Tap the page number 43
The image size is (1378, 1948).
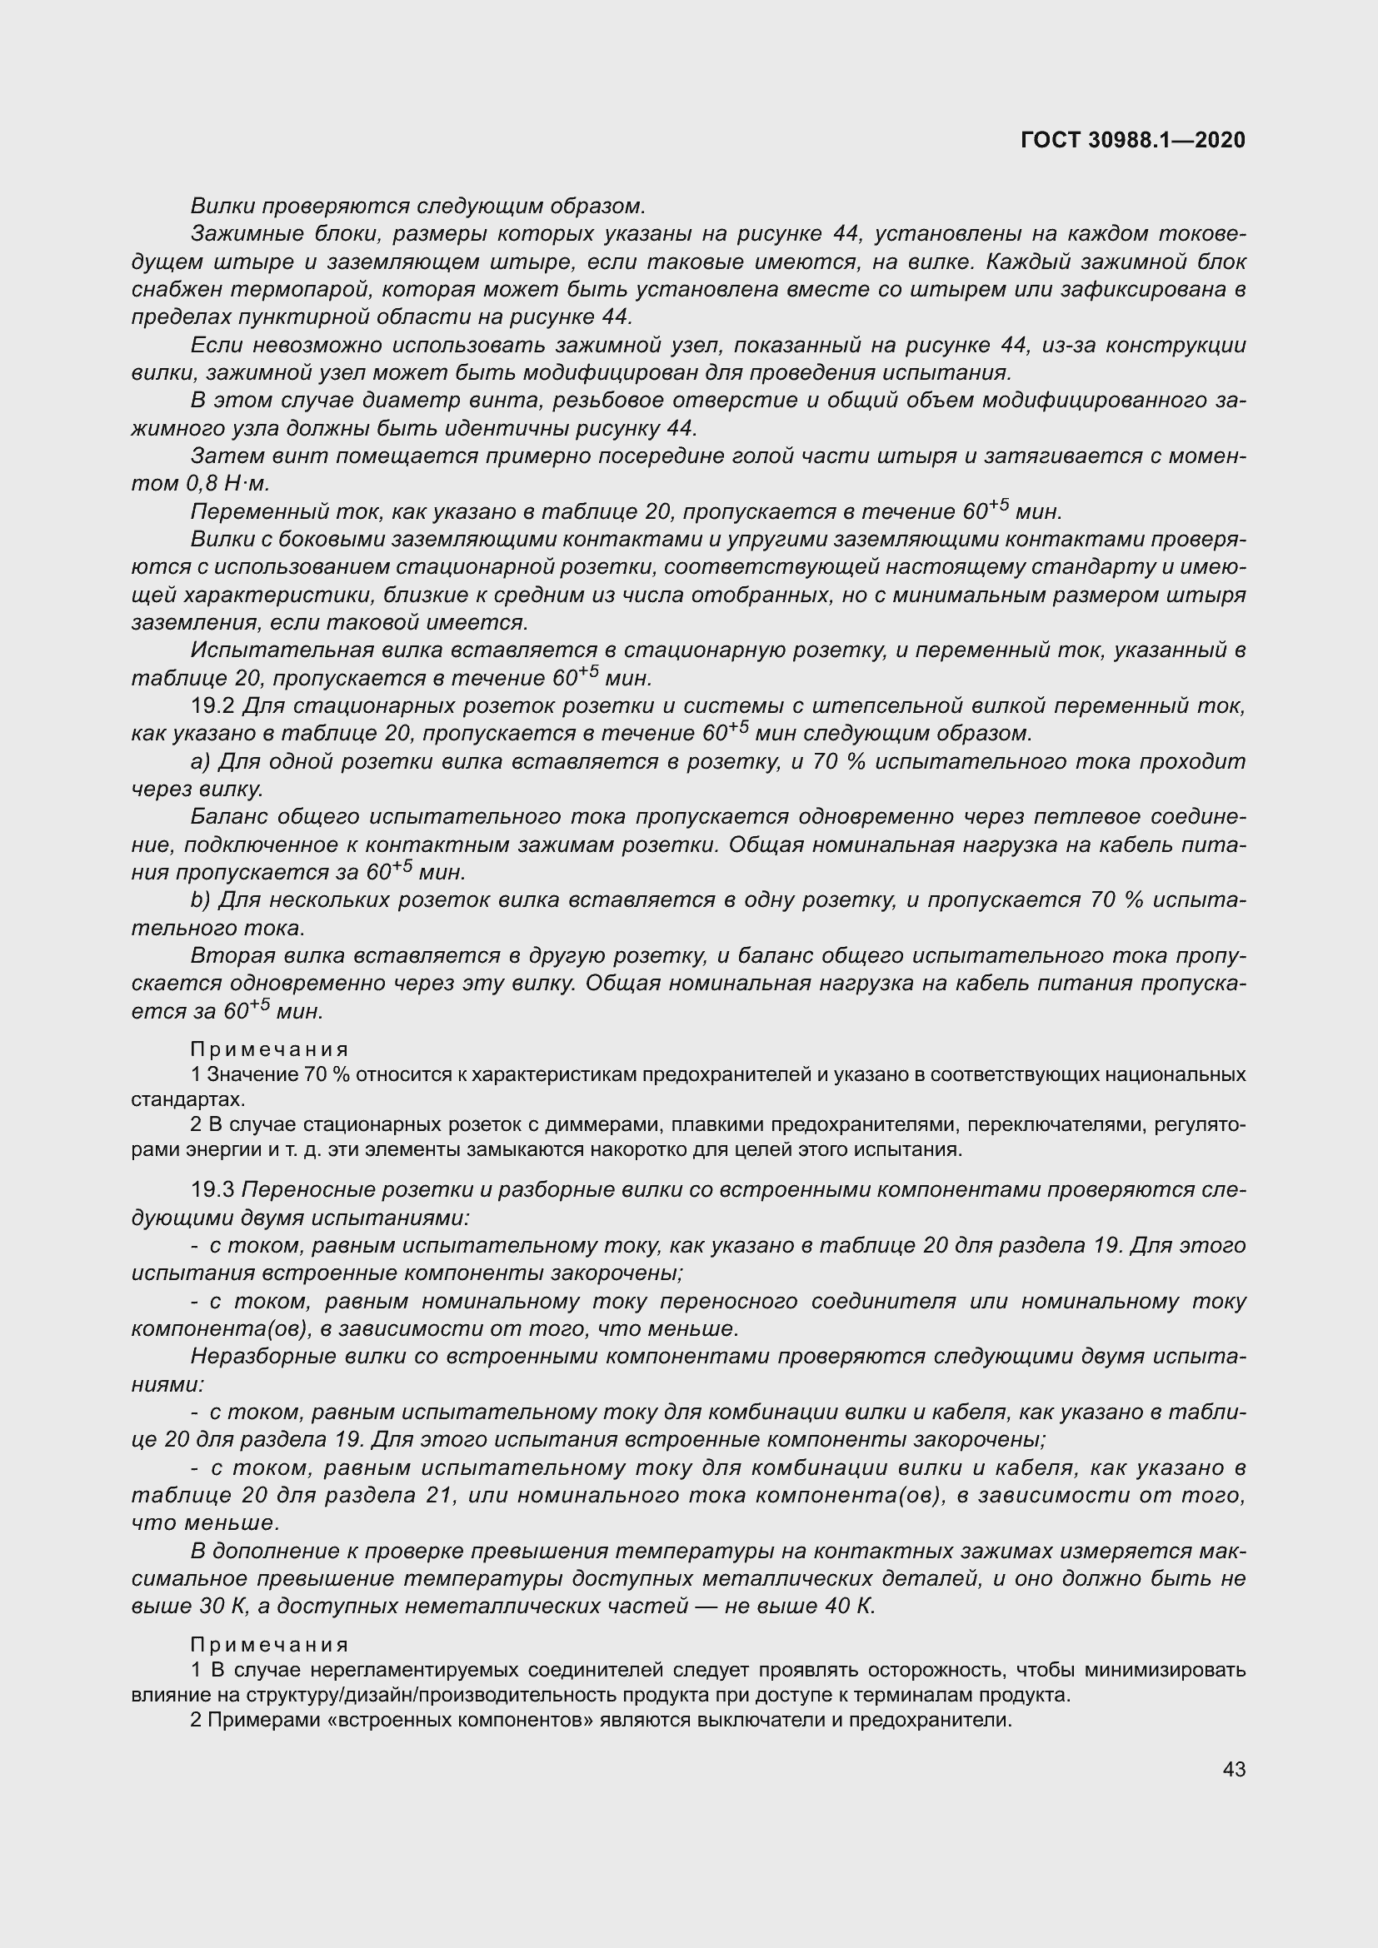pos(1234,1769)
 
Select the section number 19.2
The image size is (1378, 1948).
pos(214,706)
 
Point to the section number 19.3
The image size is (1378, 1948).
pos(214,1190)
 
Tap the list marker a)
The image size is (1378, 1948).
pos(201,761)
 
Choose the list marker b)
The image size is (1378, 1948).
pos(201,899)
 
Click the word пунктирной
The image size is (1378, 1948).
pos(290,317)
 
